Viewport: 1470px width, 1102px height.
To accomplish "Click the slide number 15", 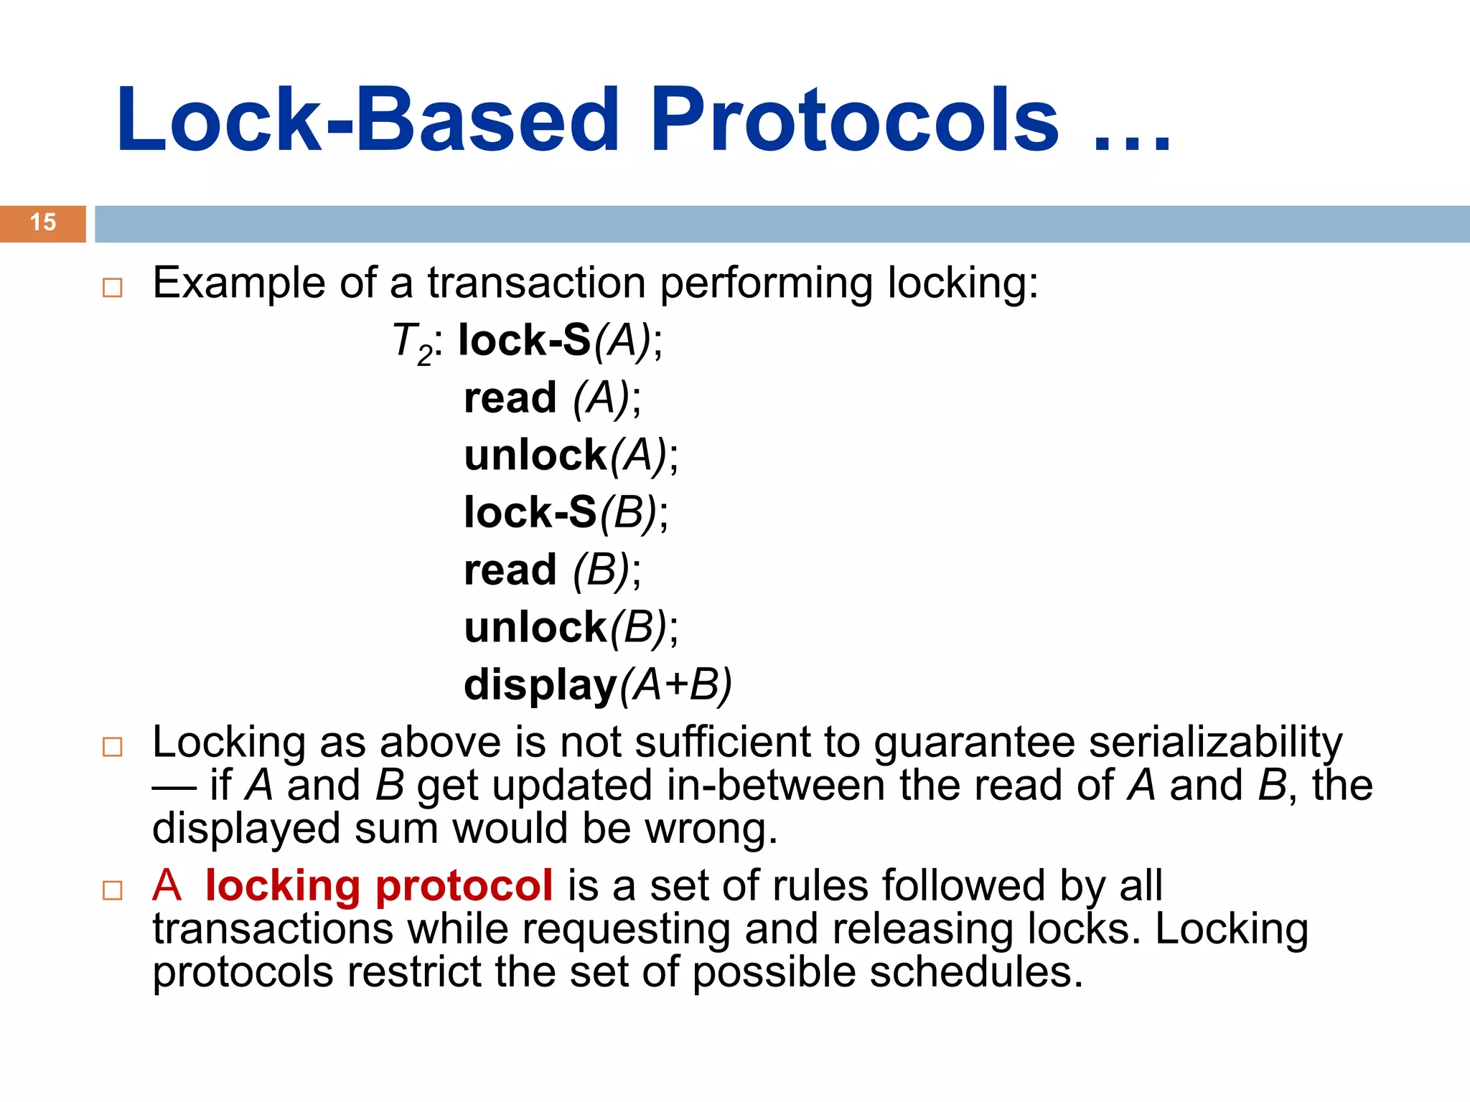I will point(43,222).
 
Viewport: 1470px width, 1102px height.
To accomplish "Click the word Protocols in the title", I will point(854,121).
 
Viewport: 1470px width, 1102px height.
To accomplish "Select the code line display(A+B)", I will point(597,685).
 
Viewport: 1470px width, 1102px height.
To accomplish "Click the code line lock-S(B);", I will point(566,513).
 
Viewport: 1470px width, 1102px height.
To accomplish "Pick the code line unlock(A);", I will point(571,456).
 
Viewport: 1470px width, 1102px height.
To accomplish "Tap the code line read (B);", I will point(552,570).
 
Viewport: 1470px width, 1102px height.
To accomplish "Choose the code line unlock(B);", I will point(571,628).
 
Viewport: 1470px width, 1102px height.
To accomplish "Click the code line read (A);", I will point(552,398).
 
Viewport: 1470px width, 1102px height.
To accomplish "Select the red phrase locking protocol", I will point(379,885).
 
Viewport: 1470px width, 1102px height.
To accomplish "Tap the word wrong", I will point(711,829).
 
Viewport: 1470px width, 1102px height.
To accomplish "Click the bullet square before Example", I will point(113,288).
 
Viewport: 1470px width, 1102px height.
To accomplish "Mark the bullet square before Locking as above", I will point(113,748).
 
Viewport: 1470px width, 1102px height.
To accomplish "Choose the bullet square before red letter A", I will point(113,891).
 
